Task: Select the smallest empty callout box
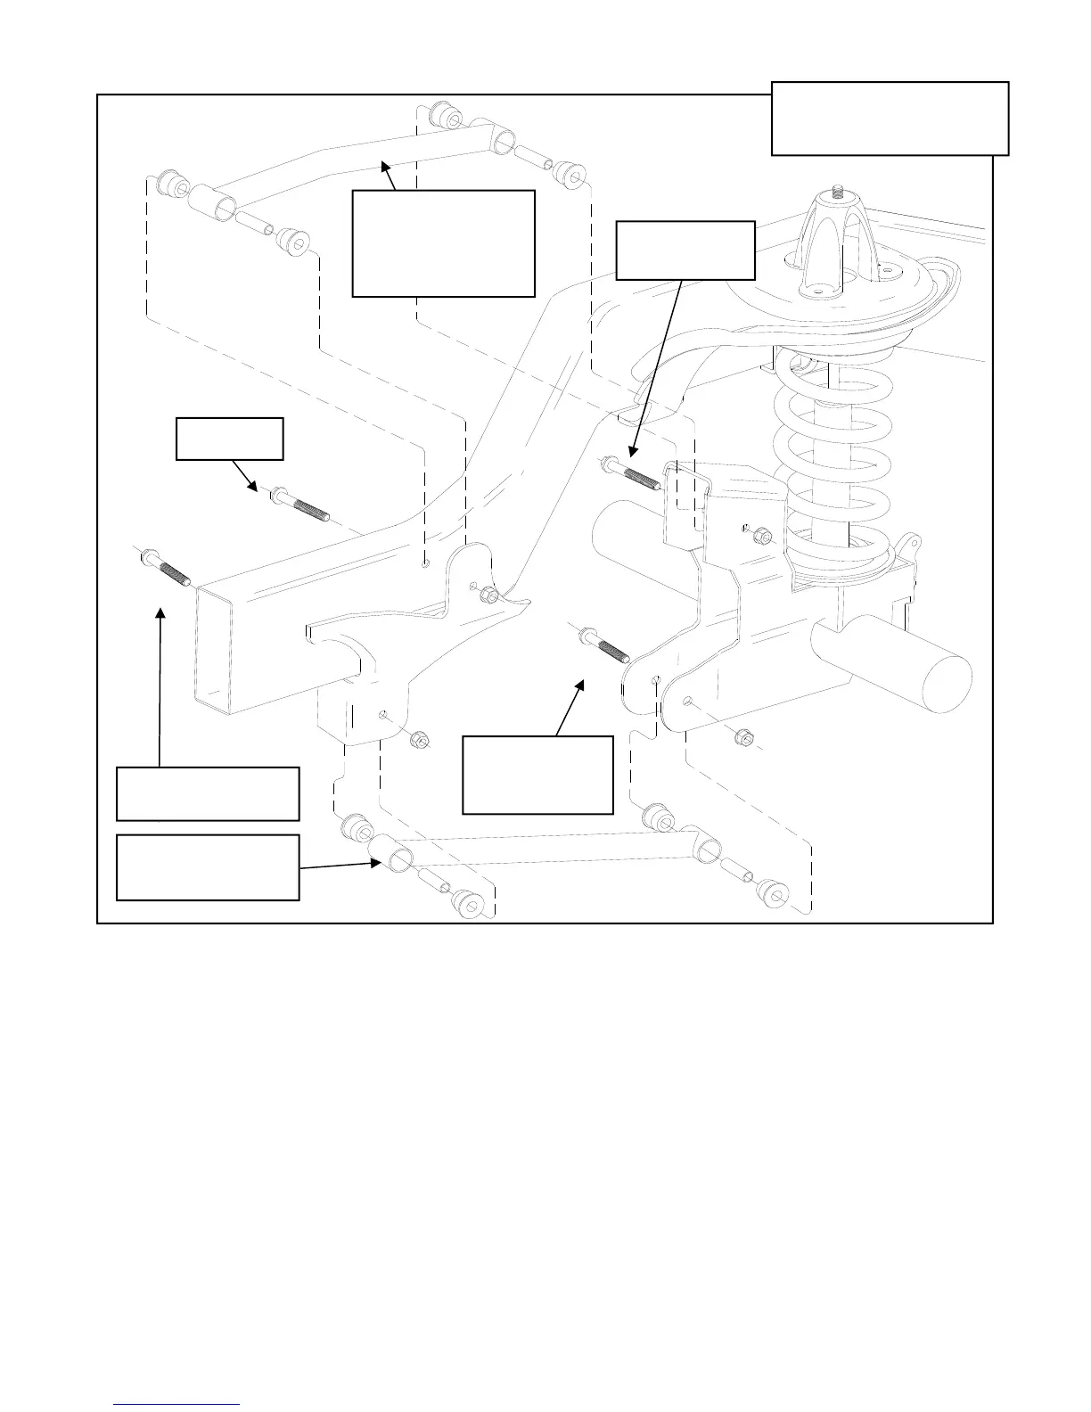(x=230, y=438)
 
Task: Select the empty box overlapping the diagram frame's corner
(x=890, y=119)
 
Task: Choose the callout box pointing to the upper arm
(x=443, y=242)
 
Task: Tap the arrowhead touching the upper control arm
(x=385, y=165)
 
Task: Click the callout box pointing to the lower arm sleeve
(x=208, y=867)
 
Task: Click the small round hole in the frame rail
(x=427, y=564)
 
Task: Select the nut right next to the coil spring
(x=762, y=536)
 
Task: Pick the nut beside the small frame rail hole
(x=488, y=595)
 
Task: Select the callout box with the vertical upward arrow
(x=208, y=793)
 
